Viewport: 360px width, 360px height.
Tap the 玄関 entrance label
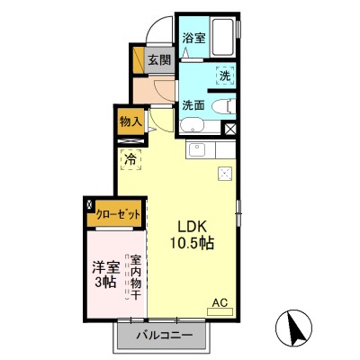[x=158, y=60]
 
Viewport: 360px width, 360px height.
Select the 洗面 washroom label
[x=193, y=104]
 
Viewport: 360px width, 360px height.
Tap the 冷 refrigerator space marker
[x=130, y=160]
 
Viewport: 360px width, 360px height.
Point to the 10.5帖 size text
[x=193, y=243]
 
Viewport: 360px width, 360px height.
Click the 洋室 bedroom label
[x=105, y=266]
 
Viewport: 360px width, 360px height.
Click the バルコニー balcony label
[x=165, y=336]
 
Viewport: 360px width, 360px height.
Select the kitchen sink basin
[x=198, y=150]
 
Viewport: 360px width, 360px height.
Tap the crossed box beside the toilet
[x=229, y=129]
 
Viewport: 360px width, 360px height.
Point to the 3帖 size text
[x=105, y=282]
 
